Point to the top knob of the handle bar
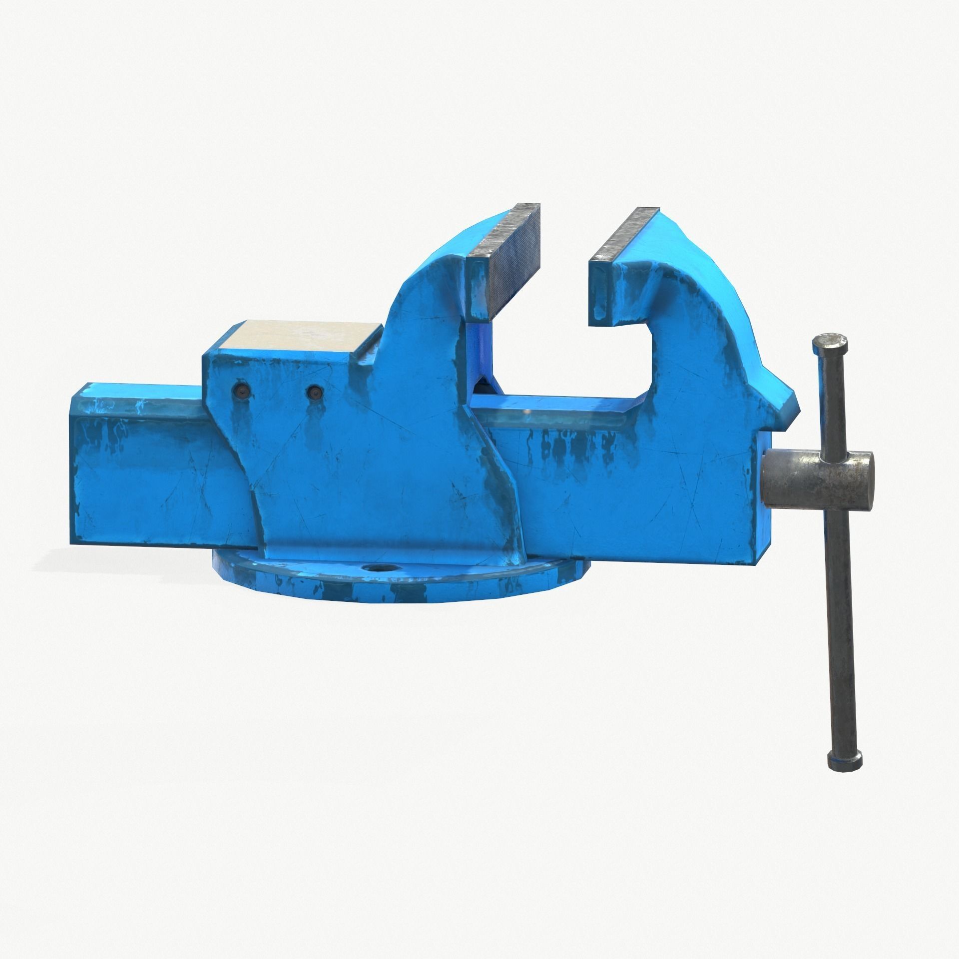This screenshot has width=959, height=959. tap(831, 344)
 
